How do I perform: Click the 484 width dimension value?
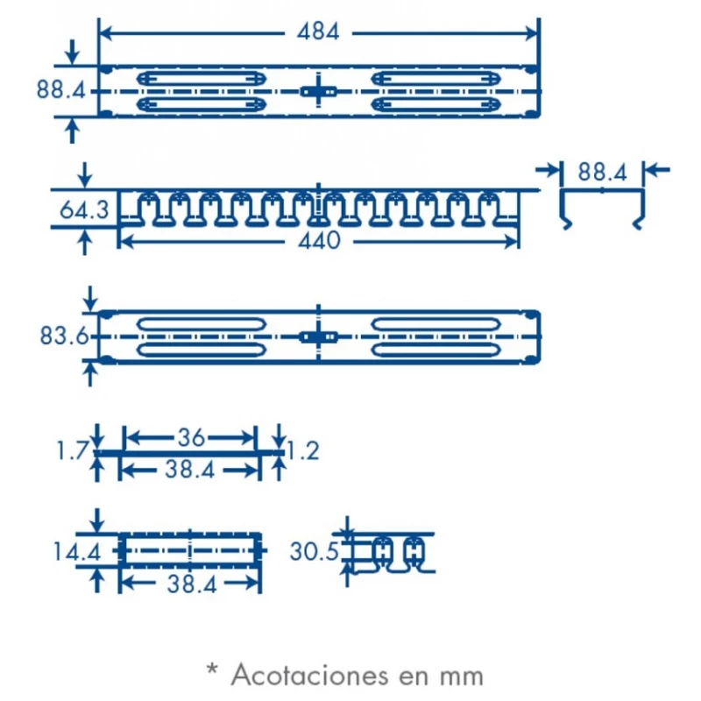point(318,32)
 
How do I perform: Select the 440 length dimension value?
point(319,241)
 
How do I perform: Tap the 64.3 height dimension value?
point(84,209)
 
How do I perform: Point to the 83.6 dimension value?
point(64,336)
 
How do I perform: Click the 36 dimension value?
point(191,437)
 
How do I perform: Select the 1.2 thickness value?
point(302,450)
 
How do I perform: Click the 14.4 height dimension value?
point(77,552)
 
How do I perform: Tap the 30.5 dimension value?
point(314,551)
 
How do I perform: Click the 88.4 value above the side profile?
point(602,172)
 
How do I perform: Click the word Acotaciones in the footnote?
point(310,675)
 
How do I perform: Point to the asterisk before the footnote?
point(212,669)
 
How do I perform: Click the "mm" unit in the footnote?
point(462,677)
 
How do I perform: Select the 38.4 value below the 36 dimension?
point(190,470)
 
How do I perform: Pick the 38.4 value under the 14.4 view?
point(192,584)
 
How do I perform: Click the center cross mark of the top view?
point(318,91)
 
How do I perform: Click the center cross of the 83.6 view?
point(318,336)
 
